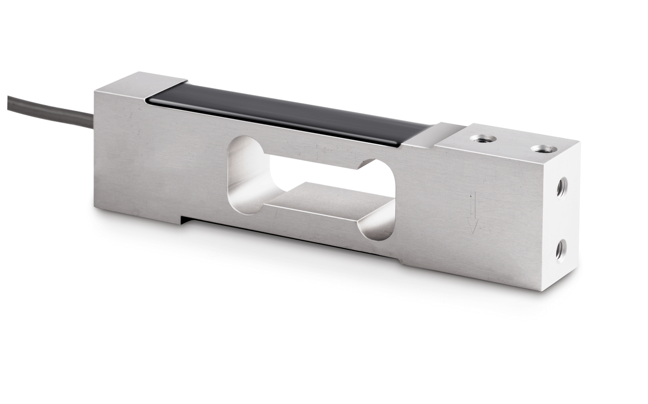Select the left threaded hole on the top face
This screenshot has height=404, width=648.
coord(481,138)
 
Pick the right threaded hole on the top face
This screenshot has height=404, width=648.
coord(544,149)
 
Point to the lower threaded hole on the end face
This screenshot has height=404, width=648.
coord(560,249)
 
